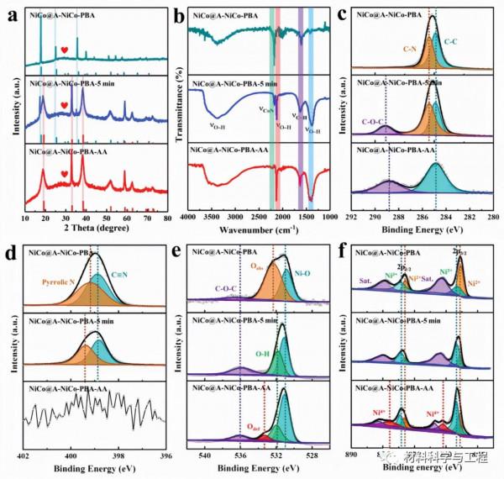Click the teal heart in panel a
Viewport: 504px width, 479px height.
(x=64, y=49)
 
